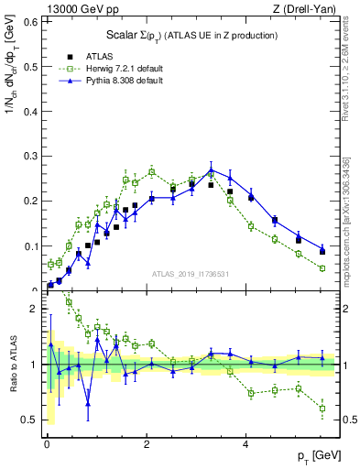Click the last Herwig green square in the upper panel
tap(322, 268)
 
